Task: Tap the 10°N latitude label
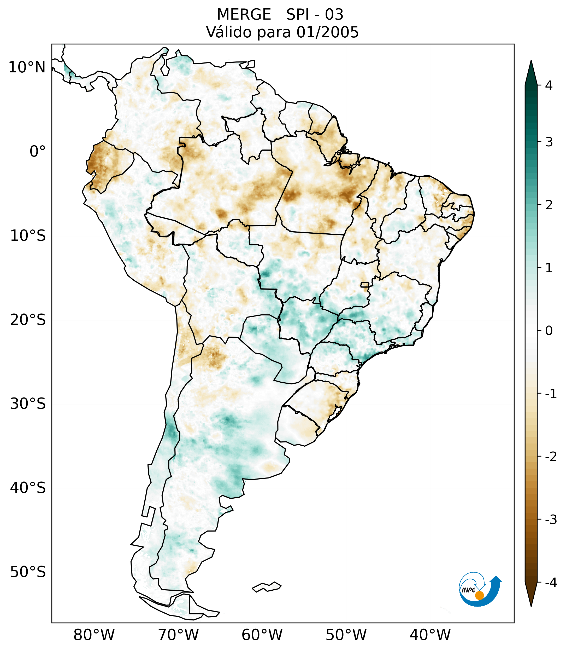(27, 67)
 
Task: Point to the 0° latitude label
(38, 152)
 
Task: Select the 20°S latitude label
(28, 320)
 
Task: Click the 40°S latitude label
(28, 488)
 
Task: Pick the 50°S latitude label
(28, 572)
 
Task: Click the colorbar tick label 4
(549, 85)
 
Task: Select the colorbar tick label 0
(549, 331)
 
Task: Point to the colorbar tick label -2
(551, 457)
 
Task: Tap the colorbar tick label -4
(551, 583)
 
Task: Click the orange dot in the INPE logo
(479, 595)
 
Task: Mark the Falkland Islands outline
(267, 587)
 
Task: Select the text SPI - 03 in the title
(315, 15)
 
